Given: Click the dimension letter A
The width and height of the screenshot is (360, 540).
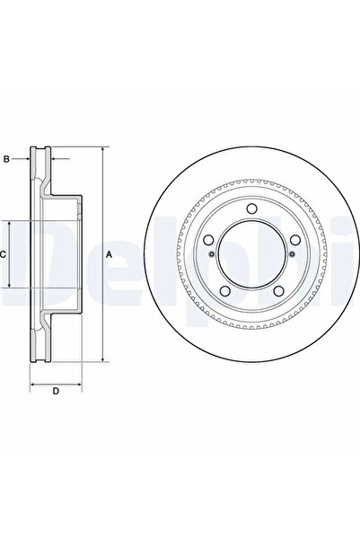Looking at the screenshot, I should click(x=109, y=255).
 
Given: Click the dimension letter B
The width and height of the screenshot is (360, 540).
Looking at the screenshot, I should click(x=6, y=159).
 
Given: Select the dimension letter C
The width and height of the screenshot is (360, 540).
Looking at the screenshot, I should click(x=3, y=254).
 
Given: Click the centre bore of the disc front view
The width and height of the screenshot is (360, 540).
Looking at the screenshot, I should click(x=251, y=253).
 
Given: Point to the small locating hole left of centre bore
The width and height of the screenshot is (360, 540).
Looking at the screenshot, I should click(x=212, y=254).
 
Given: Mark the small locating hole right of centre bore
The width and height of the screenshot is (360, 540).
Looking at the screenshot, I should click(x=292, y=254).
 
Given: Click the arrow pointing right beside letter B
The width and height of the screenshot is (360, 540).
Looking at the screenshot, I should click(x=28, y=159).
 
